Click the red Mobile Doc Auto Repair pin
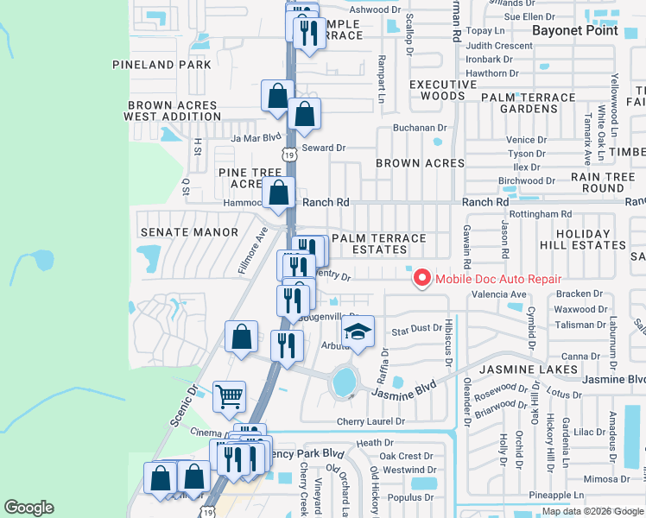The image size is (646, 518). click(x=421, y=278)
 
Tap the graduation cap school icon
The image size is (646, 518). click(x=356, y=332)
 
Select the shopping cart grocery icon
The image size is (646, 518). click(x=229, y=396)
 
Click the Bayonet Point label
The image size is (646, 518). click(x=574, y=30)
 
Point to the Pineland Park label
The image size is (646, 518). click(x=161, y=65)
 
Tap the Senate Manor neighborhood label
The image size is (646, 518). click(x=189, y=232)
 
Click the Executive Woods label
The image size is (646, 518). click(x=437, y=90)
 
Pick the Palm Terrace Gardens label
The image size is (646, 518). click(x=529, y=104)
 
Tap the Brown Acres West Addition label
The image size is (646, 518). click(x=173, y=111)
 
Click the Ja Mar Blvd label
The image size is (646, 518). click(x=256, y=137)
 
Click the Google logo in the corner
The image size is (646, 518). click(x=28, y=508)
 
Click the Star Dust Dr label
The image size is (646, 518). click(x=416, y=330)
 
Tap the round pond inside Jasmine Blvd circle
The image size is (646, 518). click(x=344, y=381)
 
